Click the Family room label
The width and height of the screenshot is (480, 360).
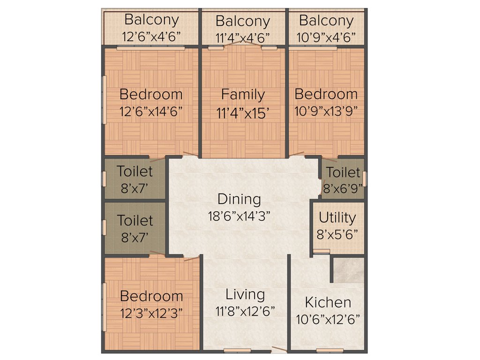tap(243, 95)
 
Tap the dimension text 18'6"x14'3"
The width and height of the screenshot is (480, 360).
tap(240, 216)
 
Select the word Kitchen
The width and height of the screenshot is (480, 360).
tap(328, 302)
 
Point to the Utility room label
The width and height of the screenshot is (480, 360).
tap(337, 218)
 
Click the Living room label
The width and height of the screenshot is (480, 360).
tap(245, 295)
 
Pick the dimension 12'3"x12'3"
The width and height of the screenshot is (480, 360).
tap(151, 312)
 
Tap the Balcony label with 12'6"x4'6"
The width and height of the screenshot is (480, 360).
tap(151, 20)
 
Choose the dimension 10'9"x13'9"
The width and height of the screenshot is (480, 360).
tap(326, 111)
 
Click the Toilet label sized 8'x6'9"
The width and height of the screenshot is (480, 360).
tap(343, 172)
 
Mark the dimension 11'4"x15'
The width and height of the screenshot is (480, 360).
tap(243, 112)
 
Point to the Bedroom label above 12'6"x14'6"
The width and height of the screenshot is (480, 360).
tap(151, 94)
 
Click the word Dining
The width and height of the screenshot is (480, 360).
tap(239, 199)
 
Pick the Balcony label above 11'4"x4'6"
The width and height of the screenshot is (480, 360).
tap(243, 22)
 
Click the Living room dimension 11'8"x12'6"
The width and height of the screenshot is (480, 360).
tap(245, 312)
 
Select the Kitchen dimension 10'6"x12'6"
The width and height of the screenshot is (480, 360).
tap(328, 320)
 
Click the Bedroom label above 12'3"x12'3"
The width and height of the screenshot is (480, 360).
tap(151, 296)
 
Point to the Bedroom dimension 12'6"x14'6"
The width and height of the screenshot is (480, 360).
tap(151, 112)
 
